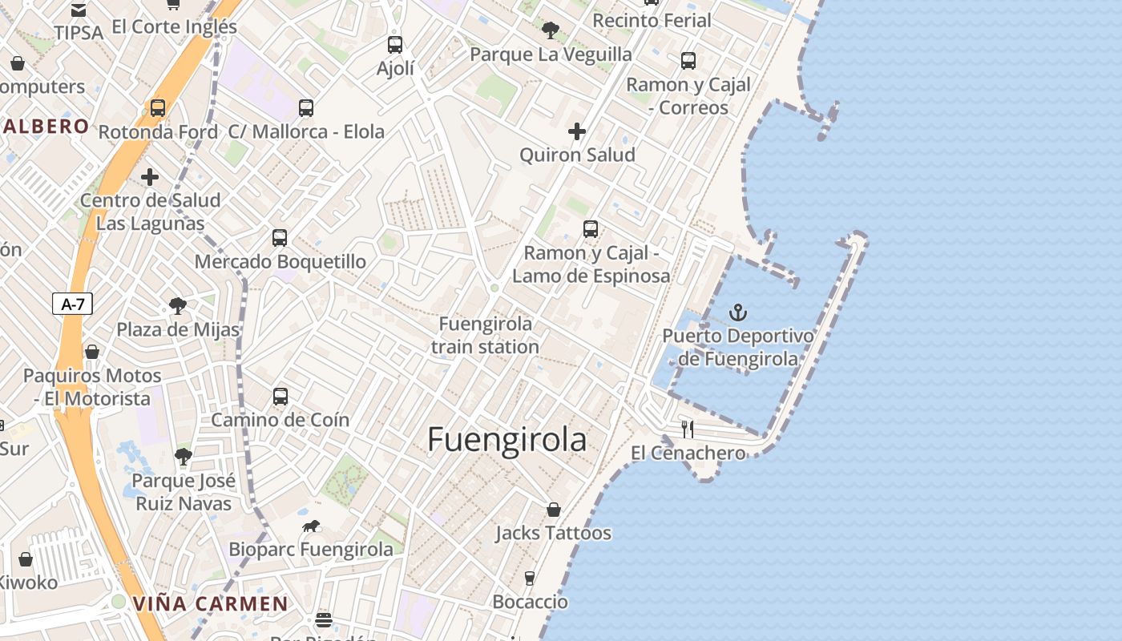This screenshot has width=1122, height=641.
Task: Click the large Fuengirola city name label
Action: (x=507, y=440)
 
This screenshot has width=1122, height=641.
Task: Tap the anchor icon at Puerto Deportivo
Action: (x=737, y=312)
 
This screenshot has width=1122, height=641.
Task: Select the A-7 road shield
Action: (x=72, y=304)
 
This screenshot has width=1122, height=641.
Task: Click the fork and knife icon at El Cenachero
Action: (x=687, y=429)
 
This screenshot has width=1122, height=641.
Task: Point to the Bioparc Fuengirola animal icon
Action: (x=311, y=526)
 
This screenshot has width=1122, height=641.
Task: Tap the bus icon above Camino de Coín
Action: (x=280, y=397)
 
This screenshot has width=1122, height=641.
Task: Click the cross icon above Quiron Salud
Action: (x=577, y=131)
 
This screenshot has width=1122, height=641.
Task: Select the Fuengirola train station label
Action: (x=485, y=335)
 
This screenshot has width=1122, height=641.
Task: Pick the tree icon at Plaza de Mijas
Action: (x=178, y=306)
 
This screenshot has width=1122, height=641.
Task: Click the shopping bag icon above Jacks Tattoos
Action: (x=553, y=510)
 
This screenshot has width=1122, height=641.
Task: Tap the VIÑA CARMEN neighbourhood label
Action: (x=211, y=603)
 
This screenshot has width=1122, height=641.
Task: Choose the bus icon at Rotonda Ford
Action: (x=158, y=108)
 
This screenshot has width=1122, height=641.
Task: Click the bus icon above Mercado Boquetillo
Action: (x=279, y=238)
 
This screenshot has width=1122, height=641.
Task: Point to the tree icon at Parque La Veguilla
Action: (x=550, y=31)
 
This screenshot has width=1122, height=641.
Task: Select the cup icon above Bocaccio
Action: (x=529, y=578)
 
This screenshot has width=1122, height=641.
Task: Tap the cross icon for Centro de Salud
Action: (x=150, y=177)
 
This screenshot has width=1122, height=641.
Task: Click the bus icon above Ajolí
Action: (x=395, y=45)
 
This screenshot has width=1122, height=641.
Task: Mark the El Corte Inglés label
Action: (x=175, y=26)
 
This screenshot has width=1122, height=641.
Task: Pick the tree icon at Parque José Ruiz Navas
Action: (x=184, y=457)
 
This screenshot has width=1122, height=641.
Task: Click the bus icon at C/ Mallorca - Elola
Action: (x=305, y=108)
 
